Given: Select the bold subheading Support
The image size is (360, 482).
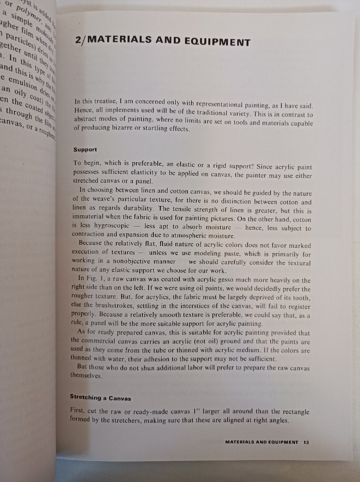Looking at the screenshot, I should [x=85, y=150].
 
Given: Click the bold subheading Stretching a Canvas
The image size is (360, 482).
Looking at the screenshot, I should [x=100, y=397].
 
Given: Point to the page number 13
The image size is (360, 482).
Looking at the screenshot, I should [x=306, y=442].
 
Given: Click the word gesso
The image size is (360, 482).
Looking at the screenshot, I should [x=197, y=280].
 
